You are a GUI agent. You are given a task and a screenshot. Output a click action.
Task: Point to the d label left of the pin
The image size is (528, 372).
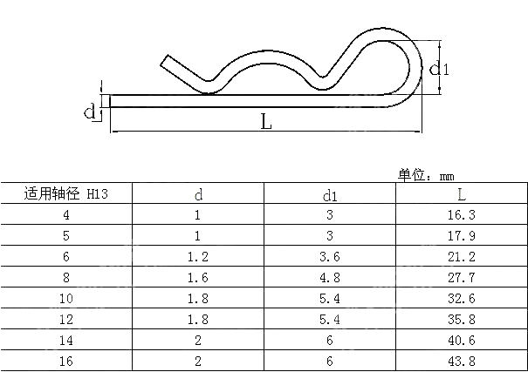pyautogui.click(x=88, y=111)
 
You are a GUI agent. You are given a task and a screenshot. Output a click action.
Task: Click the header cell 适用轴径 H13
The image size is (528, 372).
pyautogui.click(x=65, y=193)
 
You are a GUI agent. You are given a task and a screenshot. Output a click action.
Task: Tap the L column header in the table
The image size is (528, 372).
pyautogui.click(x=461, y=193)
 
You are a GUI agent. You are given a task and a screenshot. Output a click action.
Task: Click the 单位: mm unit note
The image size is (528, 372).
pyautogui.click(x=428, y=175)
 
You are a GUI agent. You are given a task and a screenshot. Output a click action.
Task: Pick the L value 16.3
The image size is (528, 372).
pyautogui.click(x=461, y=214)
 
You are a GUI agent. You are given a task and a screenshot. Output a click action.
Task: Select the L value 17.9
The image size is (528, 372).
pyautogui.click(x=461, y=235)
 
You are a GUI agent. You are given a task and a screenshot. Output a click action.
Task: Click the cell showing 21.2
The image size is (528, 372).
pyautogui.click(x=461, y=256)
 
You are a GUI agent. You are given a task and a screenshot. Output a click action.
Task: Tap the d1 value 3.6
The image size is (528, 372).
pyautogui.click(x=330, y=256)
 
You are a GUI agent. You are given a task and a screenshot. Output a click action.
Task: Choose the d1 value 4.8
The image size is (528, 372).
pyautogui.click(x=330, y=277)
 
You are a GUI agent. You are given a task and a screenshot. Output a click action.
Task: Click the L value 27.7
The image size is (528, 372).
pyautogui.click(x=461, y=277)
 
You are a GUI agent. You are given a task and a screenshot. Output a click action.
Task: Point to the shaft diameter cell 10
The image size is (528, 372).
pyautogui.click(x=66, y=298)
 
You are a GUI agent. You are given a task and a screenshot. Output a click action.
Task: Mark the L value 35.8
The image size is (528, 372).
pyautogui.click(x=461, y=319)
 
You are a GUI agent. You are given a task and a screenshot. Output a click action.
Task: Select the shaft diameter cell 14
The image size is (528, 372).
pyautogui.click(x=66, y=340)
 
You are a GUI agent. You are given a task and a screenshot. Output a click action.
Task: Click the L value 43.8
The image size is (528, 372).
pyautogui.click(x=461, y=361)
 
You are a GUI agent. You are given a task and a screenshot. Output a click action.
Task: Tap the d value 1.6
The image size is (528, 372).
pyautogui.click(x=198, y=277)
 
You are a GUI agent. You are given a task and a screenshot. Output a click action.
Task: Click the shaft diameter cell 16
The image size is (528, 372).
pyautogui.click(x=66, y=361)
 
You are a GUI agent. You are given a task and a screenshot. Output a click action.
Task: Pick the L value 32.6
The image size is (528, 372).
pyautogui.click(x=461, y=298)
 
